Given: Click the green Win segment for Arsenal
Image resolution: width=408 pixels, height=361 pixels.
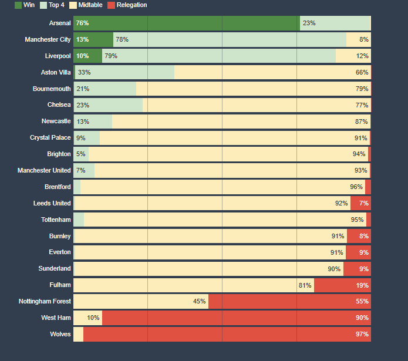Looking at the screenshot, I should point(186,23).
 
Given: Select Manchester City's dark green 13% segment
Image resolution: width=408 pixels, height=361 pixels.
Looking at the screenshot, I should point(93,39).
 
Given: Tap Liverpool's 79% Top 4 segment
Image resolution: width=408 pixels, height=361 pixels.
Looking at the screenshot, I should point(218,56).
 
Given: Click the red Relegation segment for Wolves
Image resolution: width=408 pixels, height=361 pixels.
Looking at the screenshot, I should point(227,334).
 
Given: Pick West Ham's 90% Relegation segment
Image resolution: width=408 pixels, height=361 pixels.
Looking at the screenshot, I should point(236,318).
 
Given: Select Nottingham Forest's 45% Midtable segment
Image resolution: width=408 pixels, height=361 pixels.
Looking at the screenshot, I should point(140,301).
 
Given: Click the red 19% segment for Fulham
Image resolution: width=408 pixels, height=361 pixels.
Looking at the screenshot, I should point(342,285).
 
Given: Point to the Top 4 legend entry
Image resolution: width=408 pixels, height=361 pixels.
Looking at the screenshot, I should point(52,5).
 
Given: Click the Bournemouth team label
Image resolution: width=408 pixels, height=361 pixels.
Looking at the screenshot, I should point(52,89).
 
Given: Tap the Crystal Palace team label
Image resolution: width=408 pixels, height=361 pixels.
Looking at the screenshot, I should point(50,137).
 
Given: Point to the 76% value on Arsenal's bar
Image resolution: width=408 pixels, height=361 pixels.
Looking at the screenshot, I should point(82,23).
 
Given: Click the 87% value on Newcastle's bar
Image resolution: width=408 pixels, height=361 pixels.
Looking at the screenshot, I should point(362,122).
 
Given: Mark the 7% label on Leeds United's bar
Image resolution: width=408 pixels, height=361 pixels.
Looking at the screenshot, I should point(364,203).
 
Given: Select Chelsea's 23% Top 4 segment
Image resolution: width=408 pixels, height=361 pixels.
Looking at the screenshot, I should point(109,105).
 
